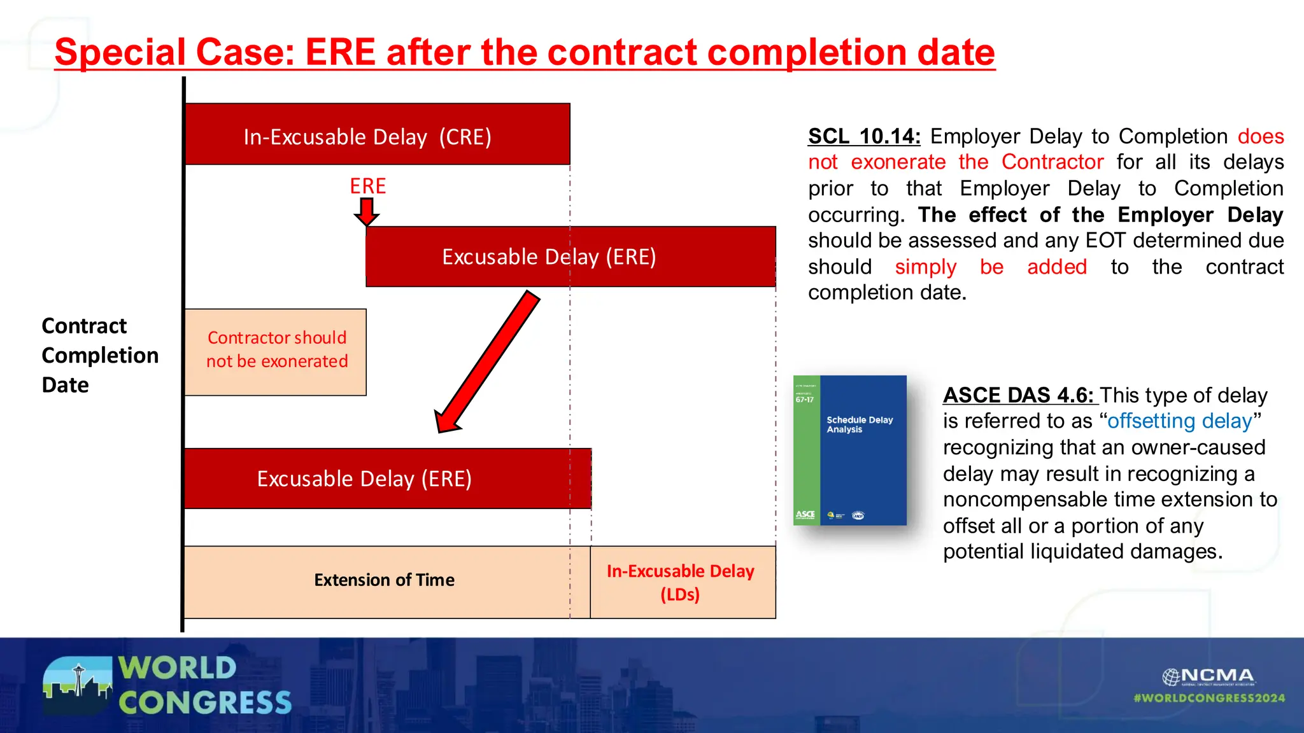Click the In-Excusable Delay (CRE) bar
[377, 135]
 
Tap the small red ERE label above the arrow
[367, 186]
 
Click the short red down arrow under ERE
[367, 211]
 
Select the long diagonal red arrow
[487, 361]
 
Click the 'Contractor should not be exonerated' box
[276, 352]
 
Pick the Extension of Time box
[384, 581]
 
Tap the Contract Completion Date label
[99, 355]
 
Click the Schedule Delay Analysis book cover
[850, 450]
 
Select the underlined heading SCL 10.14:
[863, 136]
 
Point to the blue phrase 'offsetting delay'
[1179, 421]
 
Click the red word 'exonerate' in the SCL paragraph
[898, 162]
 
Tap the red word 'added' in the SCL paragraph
[1057, 267]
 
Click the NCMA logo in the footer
[1208, 676]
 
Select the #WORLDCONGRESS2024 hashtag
[1208, 698]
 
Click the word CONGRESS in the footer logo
[204, 703]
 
